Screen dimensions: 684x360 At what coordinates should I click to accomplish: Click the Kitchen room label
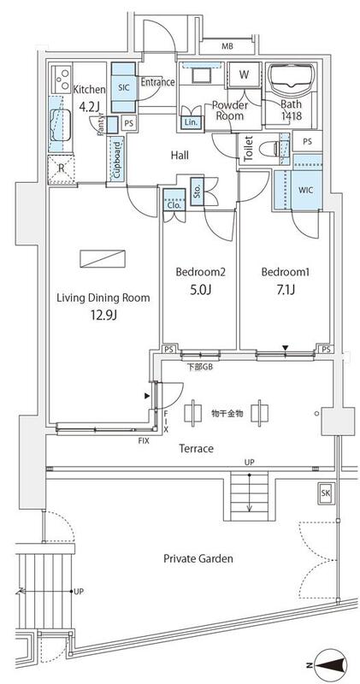click(89, 89)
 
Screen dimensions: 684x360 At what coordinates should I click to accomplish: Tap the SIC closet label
click(122, 88)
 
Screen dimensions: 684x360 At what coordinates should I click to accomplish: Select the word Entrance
click(157, 82)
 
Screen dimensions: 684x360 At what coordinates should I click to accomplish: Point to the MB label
click(228, 46)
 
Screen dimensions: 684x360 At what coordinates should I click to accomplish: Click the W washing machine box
click(244, 74)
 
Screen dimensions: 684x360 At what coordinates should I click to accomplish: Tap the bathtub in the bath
click(292, 80)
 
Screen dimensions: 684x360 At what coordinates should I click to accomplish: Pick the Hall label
click(180, 155)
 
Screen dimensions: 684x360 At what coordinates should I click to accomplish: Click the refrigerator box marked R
click(61, 168)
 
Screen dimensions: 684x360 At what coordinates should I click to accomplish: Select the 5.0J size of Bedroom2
click(199, 291)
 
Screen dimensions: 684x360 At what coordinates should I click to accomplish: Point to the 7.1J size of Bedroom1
click(285, 291)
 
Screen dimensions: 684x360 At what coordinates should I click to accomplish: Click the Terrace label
click(196, 448)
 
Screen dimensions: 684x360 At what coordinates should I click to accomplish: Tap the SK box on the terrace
click(325, 493)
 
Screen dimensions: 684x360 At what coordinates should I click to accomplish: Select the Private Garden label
click(198, 558)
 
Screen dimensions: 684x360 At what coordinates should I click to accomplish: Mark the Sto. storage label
click(196, 191)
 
